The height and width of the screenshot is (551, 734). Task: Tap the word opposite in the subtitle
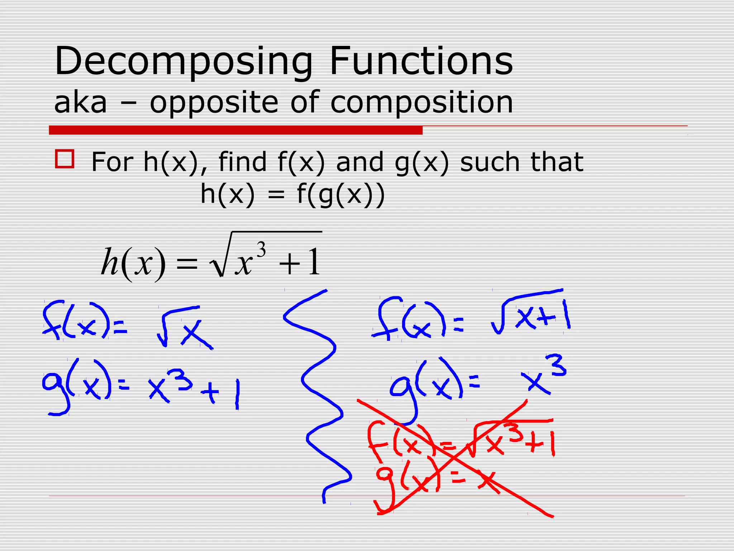[x=214, y=103]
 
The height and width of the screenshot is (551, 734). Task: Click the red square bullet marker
[x=65, y=159]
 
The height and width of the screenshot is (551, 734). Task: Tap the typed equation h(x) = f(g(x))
[x=292, y=195]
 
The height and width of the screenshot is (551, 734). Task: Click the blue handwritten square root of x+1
[x=530, y=314]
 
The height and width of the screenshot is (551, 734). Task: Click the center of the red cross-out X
[x=454, y=458]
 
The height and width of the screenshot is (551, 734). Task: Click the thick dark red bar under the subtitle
[x=235, y=130]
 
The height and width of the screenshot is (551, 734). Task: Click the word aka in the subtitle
[x=80, y=103]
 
